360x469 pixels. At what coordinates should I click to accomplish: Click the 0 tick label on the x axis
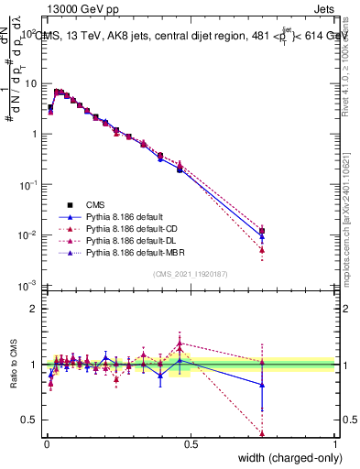pos(46,444)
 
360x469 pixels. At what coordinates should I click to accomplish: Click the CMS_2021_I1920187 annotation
pos(191,274)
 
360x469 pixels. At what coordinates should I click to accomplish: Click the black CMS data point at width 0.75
pos(262,231)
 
